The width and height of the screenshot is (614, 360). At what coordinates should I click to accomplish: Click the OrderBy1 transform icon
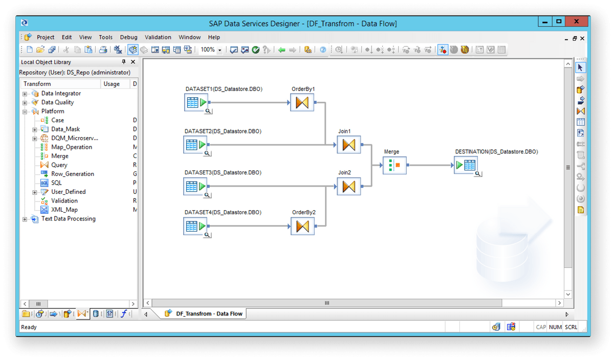[302, 102]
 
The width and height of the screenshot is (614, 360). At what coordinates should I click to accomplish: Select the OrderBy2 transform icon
[302, 226]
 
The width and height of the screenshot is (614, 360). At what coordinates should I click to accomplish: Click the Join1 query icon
[349, 145]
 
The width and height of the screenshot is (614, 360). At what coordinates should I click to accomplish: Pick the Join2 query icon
[349, 186]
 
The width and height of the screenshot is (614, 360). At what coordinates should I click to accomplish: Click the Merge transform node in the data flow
[394, 165]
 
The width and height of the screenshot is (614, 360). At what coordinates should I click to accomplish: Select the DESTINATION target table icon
[466, 165]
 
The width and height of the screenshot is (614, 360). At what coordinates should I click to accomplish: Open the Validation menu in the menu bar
[158, 37]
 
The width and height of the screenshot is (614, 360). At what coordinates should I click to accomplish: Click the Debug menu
[128, 37]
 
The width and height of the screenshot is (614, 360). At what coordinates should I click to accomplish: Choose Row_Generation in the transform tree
[72, 174]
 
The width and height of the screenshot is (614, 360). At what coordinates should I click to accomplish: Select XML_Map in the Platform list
[64, 210]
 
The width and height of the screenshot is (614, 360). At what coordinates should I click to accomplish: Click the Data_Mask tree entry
[65, 129]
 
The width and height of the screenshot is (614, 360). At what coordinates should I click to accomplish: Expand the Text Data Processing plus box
[25, 219]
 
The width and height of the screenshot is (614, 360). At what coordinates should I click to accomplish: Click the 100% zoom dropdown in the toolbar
[211, 50]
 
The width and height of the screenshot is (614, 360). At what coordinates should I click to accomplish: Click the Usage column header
[112, 84]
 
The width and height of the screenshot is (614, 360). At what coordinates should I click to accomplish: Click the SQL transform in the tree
[56, 183]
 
